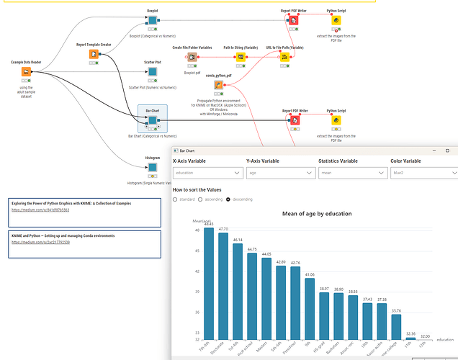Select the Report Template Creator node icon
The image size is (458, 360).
(x=94, y=54)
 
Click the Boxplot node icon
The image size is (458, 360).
(x=153, y=21)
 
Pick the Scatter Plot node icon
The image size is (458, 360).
(x=153, y=72)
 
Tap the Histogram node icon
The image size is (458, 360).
(x=153, y=168)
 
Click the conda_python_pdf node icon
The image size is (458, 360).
(x=217, y=85)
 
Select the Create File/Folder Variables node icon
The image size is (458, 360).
(x=190, y=56)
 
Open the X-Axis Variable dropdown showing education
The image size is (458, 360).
(x=208, y=173)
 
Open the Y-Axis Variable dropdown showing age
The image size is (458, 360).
(x=279, y=173)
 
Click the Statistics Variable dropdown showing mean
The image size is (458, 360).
(x=351, y=173)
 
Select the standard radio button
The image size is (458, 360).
(x=175, y=199)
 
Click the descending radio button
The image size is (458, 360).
(x=228, y=199)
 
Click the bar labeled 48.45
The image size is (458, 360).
(x=209, y=281)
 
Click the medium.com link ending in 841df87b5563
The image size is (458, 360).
(x=40, y=210)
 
